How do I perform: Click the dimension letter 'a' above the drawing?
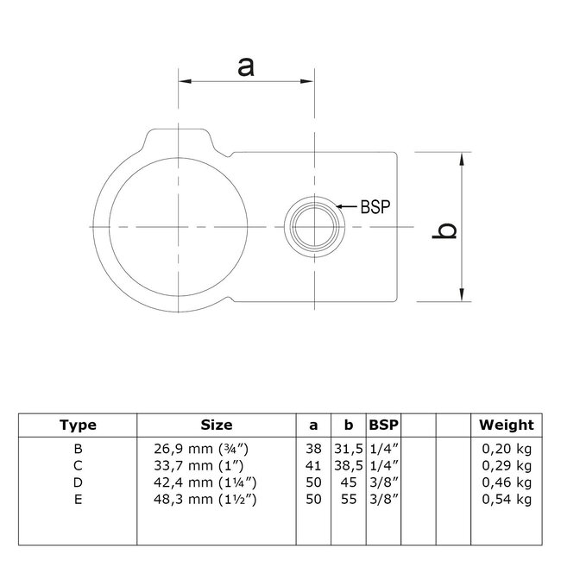246,66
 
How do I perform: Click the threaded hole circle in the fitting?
315,225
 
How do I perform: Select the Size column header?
216,425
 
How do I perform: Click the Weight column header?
507,425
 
